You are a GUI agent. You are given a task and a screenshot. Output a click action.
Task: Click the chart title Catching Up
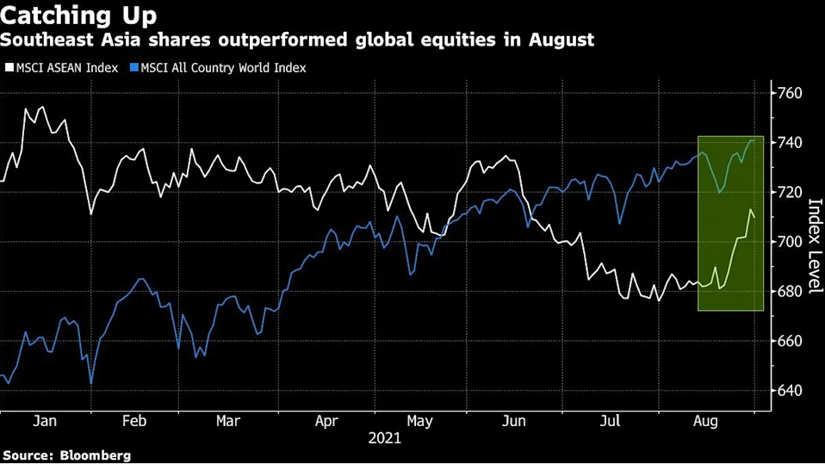tap(78, 15)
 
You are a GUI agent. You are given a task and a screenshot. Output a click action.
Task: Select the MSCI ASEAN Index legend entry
tap(62, 67)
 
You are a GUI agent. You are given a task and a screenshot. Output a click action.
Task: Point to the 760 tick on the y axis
tap(791, 93)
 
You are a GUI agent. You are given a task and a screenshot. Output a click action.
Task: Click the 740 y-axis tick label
tap(791, 142)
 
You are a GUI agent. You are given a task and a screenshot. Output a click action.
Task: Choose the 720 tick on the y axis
tap(791, 192)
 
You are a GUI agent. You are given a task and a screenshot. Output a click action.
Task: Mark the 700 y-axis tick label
tap(791, 242)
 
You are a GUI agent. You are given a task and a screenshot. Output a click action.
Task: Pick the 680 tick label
tap(791, 291)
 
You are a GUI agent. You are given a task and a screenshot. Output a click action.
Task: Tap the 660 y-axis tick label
tap(791, 341)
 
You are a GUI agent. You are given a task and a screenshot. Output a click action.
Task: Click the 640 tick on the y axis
tap(791, 391)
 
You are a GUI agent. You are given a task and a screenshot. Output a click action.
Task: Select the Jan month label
tap(44, 422)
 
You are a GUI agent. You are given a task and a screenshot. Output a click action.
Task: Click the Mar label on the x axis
tap(228, 422)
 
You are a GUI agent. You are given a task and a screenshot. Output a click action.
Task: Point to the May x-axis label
tap(419, 422)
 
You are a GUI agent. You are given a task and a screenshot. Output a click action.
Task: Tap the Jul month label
tap(610, 422)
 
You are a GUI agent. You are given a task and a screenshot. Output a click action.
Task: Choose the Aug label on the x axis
tap(705, 422)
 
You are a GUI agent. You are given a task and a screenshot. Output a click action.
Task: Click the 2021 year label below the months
tap(384, 439)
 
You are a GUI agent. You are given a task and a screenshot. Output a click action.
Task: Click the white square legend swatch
tap(9, 67)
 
